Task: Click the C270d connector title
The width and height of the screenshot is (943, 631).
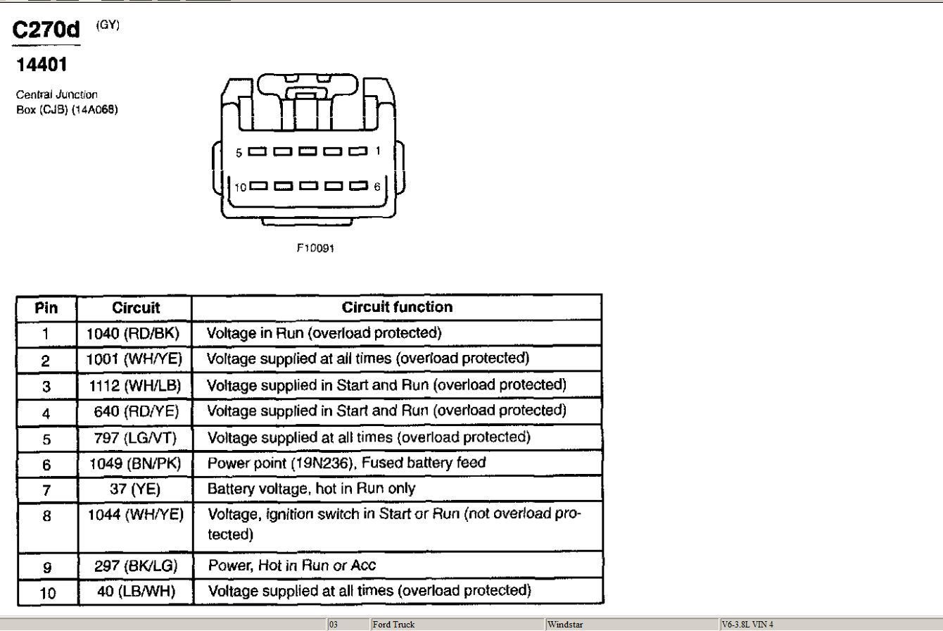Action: (46, 30)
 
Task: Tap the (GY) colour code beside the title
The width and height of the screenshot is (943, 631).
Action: (108, 25)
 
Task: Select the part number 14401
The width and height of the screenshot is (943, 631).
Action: (42, 65)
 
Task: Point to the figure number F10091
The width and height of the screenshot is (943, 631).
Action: (315, 248)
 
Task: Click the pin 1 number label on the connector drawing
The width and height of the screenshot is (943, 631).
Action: (378, 151)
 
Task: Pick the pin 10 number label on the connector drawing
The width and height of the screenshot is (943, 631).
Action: (241, 187)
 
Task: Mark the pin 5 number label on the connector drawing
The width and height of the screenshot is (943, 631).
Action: (239, 153)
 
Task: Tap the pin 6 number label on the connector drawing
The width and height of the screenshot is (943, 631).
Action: (376, 186)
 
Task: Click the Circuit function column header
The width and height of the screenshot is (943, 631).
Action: (397, 307)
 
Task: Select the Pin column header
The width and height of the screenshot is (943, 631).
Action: (46, 308)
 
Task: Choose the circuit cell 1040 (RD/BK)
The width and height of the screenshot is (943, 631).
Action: (133, 334)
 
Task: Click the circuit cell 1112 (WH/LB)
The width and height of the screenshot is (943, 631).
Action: (134, 385)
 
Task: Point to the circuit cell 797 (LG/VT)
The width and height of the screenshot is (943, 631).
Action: (135, 438)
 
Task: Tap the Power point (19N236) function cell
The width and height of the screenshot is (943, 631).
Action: (346, 463)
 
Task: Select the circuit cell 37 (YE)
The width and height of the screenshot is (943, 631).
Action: (135, 489)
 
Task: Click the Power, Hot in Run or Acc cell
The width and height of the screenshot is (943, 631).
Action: (292, 566)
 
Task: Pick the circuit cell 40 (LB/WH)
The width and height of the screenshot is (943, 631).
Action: (136, 591)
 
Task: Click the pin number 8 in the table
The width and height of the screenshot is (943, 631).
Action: (46, 516)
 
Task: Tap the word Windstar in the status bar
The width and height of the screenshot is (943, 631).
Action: (565, 624)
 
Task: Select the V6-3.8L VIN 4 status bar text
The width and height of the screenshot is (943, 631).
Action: (747, 624)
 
